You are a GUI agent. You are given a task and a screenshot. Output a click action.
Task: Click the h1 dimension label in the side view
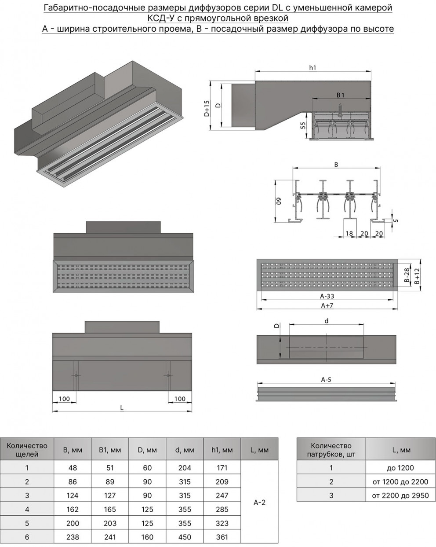tap(312, 67)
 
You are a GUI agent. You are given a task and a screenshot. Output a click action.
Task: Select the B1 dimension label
tap(340, 95)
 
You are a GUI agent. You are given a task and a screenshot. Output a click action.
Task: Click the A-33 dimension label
tap(327, 297)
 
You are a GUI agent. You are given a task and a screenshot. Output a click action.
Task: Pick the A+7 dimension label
tap(327, 305)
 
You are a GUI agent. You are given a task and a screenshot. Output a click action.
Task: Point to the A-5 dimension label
tap(326, 379)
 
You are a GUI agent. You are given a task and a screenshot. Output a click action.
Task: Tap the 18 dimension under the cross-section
tap(349, 233)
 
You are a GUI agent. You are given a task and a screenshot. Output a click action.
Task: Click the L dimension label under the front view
tap(122, 408)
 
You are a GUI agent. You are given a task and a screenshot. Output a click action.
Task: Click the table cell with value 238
tap(73, 536)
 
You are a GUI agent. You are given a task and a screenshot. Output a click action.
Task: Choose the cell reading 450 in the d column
tap(185, 536)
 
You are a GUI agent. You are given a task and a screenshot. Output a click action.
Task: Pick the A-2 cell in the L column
tap(260, 502)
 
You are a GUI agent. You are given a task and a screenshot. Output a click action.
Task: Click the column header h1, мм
tap(222, 450)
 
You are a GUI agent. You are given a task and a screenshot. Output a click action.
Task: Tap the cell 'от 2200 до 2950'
tap(400, 495)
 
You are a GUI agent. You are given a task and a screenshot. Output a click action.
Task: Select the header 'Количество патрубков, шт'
tap(331, 450)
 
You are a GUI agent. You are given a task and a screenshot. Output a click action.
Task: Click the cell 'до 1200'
tap(400, 468)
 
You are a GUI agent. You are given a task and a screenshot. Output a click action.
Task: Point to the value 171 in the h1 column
tap(222, 468)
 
